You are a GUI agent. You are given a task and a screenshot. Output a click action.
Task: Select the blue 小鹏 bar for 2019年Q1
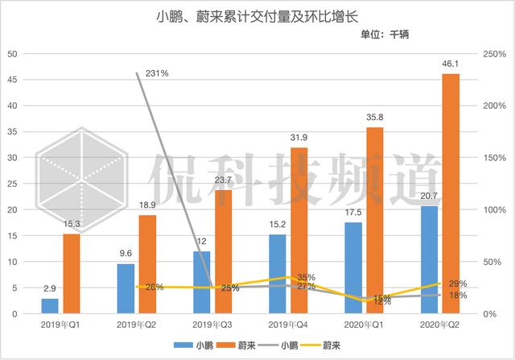pyautogui.click(x=50, y=306)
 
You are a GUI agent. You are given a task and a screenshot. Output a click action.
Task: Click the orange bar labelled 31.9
pyautogui.click(x=299, y=230)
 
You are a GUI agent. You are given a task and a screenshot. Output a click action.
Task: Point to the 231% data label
pyautogui.click(x=157, y=73)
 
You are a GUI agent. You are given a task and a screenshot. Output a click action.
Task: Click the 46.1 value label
pyautogui.click(x=451, y=63)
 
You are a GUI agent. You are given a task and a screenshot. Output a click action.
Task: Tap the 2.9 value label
pyautogui.click(x=50, y=288)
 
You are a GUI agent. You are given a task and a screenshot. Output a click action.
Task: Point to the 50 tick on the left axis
pyautogui.click(x=13, y=54)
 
